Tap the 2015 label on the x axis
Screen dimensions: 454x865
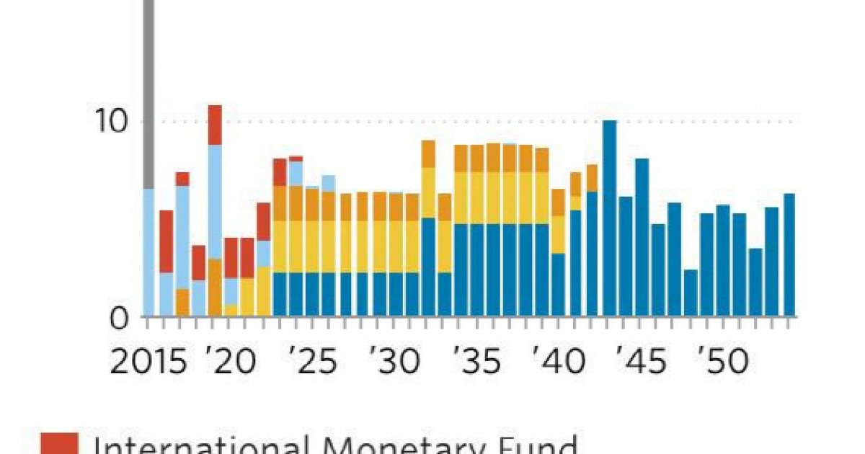tap(148, 362)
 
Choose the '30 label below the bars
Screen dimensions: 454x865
tap(394, 362)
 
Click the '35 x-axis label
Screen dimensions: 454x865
tap(477, 362)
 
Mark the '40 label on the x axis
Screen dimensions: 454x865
tap(559, 362)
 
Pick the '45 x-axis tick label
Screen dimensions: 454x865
tap(641, 362)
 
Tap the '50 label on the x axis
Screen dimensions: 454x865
tap(723, 362)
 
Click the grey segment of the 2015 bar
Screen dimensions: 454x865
tap(149, 94)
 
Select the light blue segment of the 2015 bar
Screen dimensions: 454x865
tap(149, 252)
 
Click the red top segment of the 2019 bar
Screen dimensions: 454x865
tap(215, 125)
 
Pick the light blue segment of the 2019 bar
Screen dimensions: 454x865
tap(215, 202)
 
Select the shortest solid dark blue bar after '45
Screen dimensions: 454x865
tap(691, 293)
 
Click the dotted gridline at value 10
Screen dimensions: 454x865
tap(505, 121)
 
